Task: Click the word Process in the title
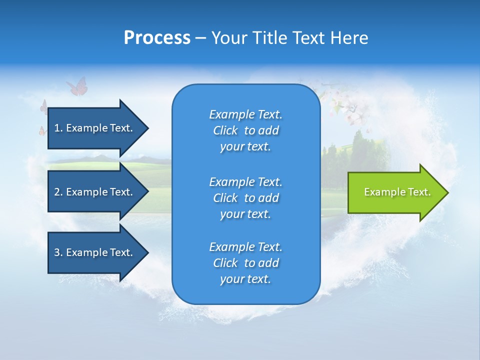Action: pos(157,38)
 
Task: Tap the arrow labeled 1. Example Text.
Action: pos(97,128)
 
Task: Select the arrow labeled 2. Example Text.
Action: pos(97,192)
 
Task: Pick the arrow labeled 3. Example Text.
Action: pos(97,252)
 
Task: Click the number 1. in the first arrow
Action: pos(58,128)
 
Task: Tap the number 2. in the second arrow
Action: pos(58,192)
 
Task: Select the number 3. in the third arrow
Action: pos(58,252)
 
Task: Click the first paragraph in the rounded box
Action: pos(245,130)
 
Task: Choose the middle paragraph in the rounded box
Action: pos(245,198)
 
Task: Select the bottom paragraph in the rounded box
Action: pos(245,263)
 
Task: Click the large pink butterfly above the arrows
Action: pos(77,87)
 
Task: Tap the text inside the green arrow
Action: pos(397,192)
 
